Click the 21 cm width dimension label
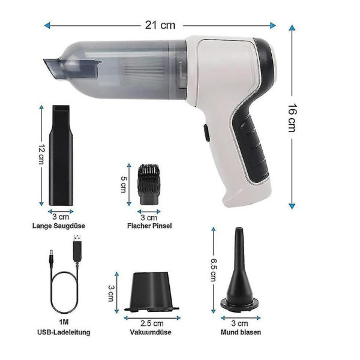tap(160, 25)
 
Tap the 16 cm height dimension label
tap(293, 118)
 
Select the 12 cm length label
tap(41, 154)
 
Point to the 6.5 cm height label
tap(213, 270)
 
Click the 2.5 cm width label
tap(152, 323)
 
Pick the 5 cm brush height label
tap(123, 184)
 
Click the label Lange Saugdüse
tap(59, 226)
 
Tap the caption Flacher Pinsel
tap(149, 226)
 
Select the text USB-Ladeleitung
tap(64, 332)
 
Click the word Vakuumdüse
tap(151, 332)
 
